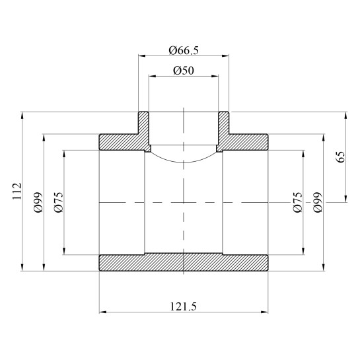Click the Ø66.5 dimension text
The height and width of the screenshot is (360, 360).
[184, 50]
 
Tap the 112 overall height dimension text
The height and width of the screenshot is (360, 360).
[17, 192]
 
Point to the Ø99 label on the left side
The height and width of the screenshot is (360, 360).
[38, 201]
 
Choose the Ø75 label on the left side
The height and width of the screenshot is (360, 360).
[58, 201]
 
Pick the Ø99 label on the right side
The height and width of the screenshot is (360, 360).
[318, 201]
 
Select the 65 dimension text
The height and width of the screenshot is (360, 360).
[340, 157]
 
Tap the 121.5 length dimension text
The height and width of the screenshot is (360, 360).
[184, 305]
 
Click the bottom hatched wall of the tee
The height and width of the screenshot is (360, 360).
[184, 262]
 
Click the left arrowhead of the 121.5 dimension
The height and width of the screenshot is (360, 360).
[102, 312]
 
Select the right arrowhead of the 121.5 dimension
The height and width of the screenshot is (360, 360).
[265, 312]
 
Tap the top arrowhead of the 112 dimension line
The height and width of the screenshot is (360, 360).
[23, 116]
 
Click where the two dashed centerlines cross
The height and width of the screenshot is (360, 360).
[184, 201]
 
